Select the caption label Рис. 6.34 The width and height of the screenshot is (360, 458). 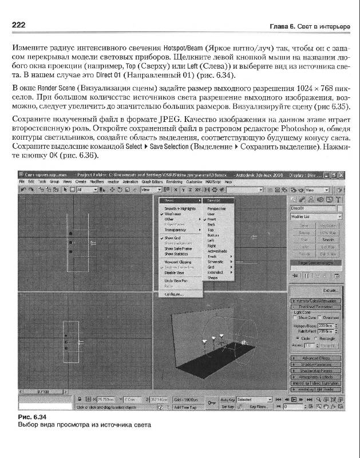pos(31,417)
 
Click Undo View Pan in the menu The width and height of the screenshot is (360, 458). pos(176,281)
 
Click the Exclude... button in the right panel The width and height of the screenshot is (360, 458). pos(323,291)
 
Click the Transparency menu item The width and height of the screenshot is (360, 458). pos(176,230)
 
